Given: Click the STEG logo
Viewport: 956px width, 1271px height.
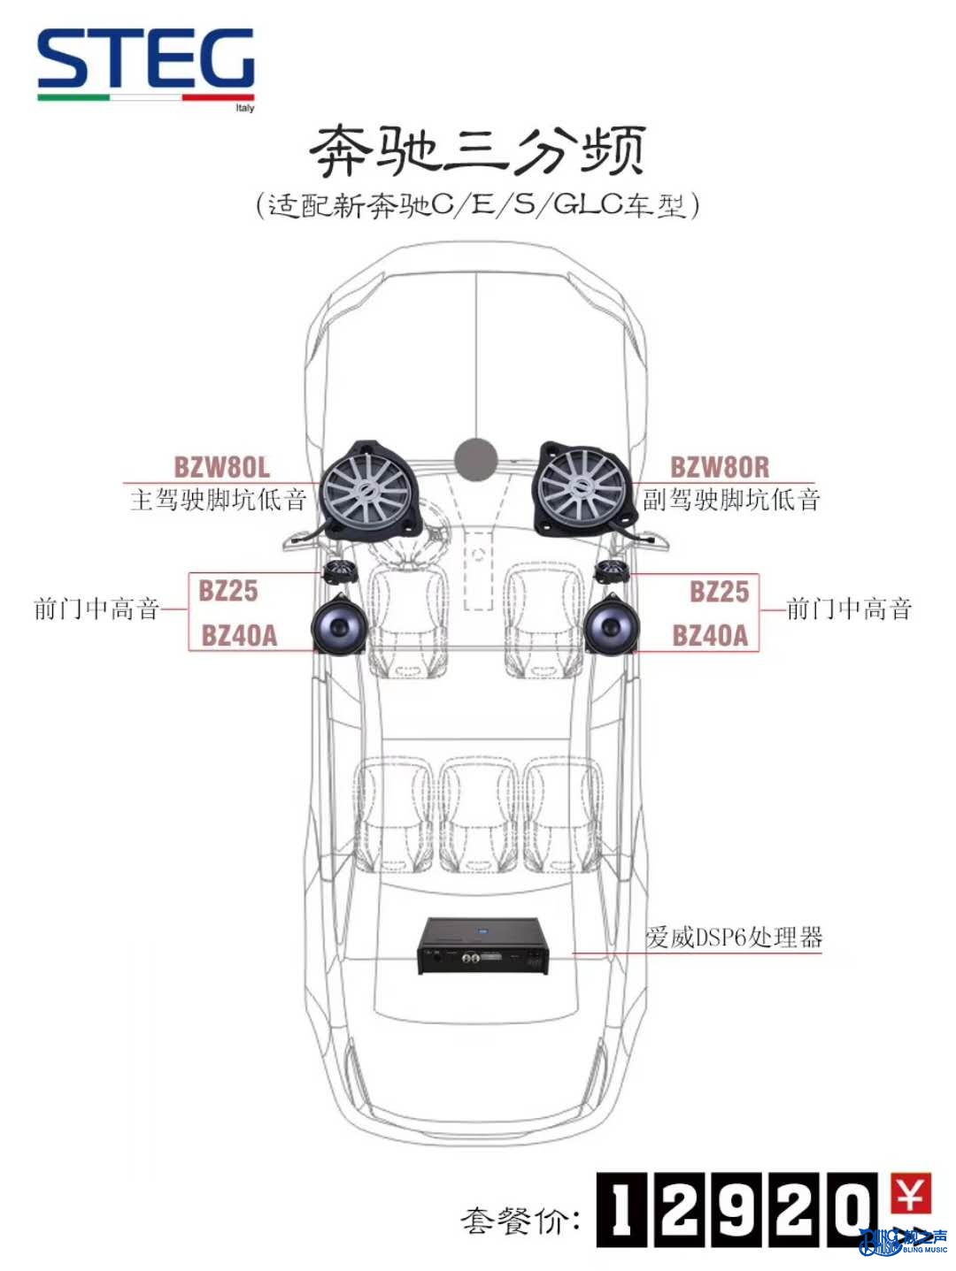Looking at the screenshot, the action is pyautogui.click(x=146, y=68).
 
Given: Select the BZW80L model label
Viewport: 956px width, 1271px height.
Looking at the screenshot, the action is pyautogui.click(x=222, y=467).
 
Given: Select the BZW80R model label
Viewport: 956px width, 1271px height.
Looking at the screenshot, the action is pyautogui.click(x=720, y=467).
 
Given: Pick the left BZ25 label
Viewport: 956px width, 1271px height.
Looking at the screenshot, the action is pyautogui.click(x=227, y=591).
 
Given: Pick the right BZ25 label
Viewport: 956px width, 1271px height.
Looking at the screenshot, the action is pyautogui.click(x=719, y=591).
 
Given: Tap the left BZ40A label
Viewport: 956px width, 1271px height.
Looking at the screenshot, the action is pyautogui.click(x=239, y=635).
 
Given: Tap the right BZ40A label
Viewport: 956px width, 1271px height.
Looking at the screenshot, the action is pyautogui.click(x=710, y=635).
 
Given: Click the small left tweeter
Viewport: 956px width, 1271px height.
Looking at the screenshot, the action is pyautogui.click(x=340, y=573).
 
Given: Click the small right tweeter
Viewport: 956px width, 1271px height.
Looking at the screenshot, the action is pyautogui.click(x=611, y=572).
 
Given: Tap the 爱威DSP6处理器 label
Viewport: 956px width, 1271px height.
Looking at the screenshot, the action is pyautogui.click(x=734, y=937).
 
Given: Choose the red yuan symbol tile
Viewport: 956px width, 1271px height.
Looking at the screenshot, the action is pyautogui.click(x=910, y=1193).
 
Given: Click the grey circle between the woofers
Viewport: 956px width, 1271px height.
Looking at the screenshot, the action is pyautogui.click(x=476, y=459).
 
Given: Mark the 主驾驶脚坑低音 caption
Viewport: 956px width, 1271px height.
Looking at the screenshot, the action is pyautogui.click(x=219, y=499).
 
